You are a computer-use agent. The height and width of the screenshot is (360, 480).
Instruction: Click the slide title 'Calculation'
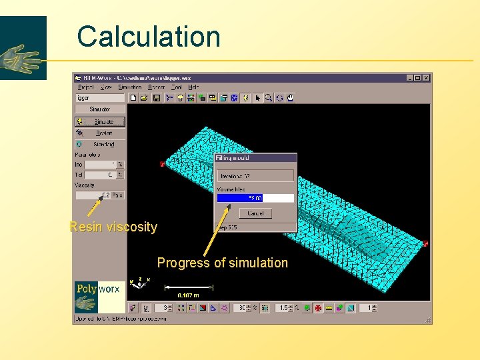[148, 37]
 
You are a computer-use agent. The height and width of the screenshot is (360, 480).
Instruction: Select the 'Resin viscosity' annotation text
[113, 227]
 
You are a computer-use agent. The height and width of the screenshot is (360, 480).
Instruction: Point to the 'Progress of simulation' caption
[223, 263]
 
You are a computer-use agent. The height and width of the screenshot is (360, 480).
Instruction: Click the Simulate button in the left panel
[100, 122]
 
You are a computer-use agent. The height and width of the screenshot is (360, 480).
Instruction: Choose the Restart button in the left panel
[100, 133]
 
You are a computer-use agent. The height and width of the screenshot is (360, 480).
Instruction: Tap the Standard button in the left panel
[100, 144]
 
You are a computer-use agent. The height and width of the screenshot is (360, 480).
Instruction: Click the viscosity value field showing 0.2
[93, 195]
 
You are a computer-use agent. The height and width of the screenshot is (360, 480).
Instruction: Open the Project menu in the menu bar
[86, 87]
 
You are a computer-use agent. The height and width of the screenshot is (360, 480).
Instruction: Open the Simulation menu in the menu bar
[129, 87]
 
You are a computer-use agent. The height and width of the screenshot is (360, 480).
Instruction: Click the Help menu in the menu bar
[193, 87]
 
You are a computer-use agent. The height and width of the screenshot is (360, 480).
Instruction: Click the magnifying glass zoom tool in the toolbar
[268, 98]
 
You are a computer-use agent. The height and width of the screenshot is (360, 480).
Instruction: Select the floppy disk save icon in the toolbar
[157, 98]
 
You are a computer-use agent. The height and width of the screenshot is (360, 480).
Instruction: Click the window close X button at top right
[426, 78]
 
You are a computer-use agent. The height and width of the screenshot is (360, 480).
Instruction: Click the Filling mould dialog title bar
[255, 158]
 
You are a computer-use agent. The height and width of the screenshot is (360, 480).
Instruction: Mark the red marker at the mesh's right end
[425, 244]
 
